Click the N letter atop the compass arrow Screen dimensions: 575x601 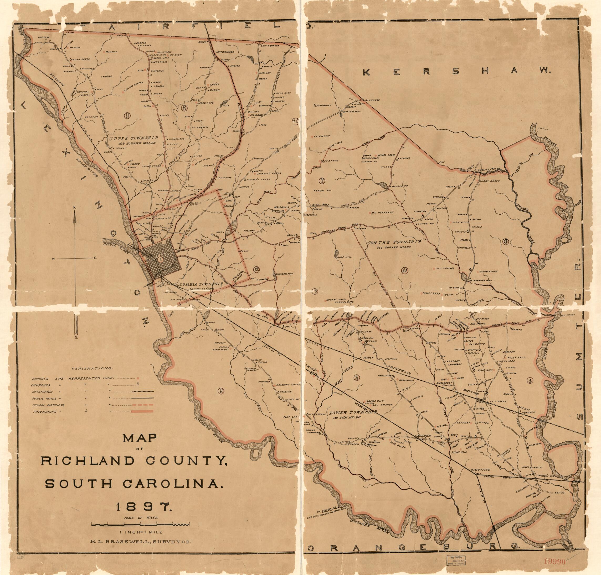[x=74, y=208]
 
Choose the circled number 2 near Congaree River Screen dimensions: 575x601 [x=220, y=391]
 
